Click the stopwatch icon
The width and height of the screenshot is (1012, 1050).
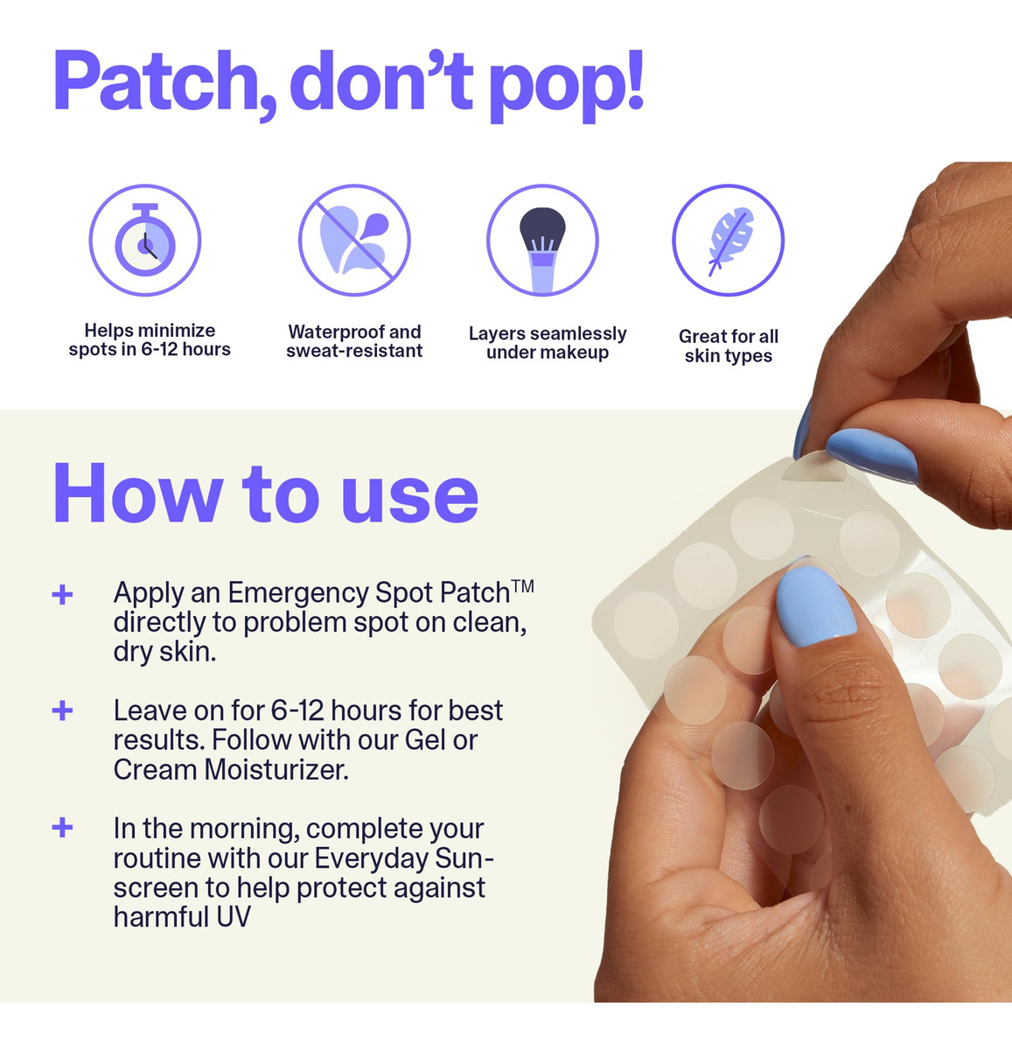(x=144, y=240)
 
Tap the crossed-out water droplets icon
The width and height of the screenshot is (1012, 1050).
(x=354, y=240)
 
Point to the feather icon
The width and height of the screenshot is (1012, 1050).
(x=729, y=240)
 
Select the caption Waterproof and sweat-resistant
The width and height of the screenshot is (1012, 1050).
(x=354, y=341)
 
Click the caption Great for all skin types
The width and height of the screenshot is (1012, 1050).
(x=729, y=346)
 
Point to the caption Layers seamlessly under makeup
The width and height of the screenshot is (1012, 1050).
(x=548, y=343)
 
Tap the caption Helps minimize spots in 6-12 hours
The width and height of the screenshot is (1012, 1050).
(x=150, y=339)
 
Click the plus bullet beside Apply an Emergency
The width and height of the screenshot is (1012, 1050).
(x=63, y=595)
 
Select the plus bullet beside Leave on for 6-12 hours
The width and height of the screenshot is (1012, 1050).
(x=63, y=710)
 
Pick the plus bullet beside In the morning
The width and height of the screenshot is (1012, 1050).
(x=63, y=828)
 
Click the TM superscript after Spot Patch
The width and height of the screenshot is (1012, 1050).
(x=523, y=586)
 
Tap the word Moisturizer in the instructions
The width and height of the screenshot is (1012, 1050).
(x=276, y=769)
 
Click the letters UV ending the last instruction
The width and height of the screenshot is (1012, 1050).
(x=234, y=916)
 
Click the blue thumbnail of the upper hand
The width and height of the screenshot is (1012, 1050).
(x=871, y=455)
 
